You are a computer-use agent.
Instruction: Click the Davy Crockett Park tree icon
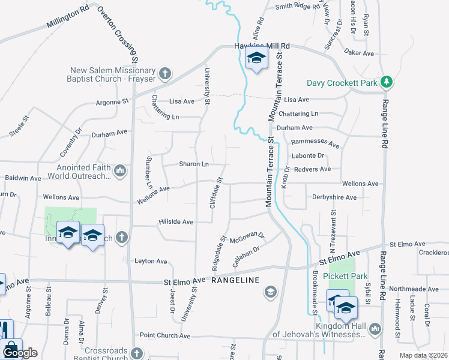[388, 82]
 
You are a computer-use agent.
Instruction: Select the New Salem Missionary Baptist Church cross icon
[165, 74]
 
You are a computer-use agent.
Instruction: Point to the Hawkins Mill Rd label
[262, 46]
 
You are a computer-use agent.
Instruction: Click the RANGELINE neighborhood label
[236, 280]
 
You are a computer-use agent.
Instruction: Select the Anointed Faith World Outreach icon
[119, 172]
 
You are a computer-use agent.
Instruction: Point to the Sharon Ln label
[194, 164]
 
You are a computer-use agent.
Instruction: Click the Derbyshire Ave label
[334, 197]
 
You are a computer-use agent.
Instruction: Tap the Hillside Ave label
[176, 221]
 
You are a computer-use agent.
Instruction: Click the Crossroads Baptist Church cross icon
[136, 353]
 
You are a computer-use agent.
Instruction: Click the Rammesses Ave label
[315, 144]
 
